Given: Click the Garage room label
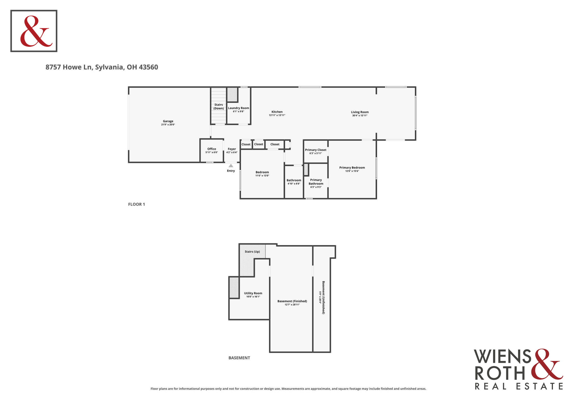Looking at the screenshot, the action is click(x=168, y=121).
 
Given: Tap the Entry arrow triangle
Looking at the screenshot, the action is click(x=231, y=166).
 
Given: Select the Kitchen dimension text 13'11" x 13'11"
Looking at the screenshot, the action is click(x=277, y=115).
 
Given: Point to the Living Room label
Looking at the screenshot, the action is click(x=360, y=112).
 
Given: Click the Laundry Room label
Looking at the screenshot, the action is click(x=239, y=108).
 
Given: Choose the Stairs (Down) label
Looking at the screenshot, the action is click(x=219, y=106).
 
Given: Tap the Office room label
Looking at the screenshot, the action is click(x=212, y=149).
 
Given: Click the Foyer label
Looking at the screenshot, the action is click(x=232, y=149).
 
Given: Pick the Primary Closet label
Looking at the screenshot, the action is click(x=316, y=150).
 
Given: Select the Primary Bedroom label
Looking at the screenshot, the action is click(x=352, y=168).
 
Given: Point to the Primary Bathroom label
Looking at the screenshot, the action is click(x=316, y=182).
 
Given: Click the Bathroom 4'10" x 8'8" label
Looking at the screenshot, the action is click(x=294, y=182).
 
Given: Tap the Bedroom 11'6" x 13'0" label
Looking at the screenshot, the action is click(x=262, y=174).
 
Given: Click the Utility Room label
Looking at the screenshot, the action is click(x=253, y=293).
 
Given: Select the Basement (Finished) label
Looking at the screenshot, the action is click(x=292, y=301).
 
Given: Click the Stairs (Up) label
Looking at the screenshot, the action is click(x=252, y=252).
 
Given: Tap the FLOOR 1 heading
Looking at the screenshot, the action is click(x=136, y=204).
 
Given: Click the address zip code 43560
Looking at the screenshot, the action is click(x=148, y=67).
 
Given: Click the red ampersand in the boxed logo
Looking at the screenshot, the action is click(x=36, y=31).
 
